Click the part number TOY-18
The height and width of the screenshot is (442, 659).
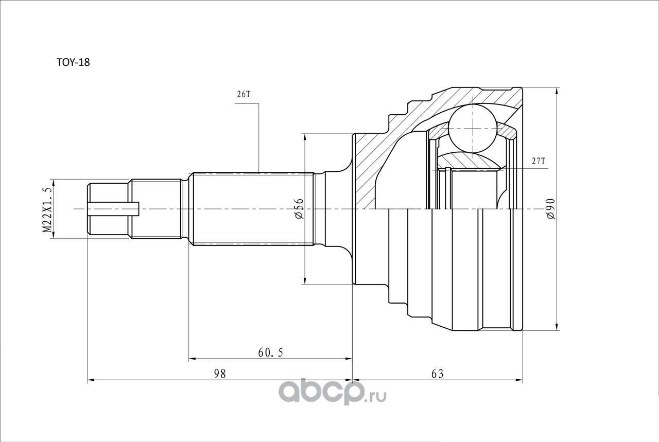click(x=73, y=62)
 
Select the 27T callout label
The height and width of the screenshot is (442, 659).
click(x=538, y=161)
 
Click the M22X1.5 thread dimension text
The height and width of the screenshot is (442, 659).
click(x=48, y=209)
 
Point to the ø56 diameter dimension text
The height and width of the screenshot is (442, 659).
click(x=300, y=208)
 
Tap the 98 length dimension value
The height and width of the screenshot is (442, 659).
click(x=220, y=374)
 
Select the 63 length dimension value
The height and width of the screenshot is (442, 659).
click(x=437, y=374)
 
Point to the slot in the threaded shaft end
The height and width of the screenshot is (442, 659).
click(x=113, y=209)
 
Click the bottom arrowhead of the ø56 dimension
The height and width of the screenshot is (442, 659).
click(x=305, y=280)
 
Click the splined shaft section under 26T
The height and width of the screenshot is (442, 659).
click(x=252, y=209)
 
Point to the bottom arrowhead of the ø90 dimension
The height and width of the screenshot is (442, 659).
click(x=557, y=327)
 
